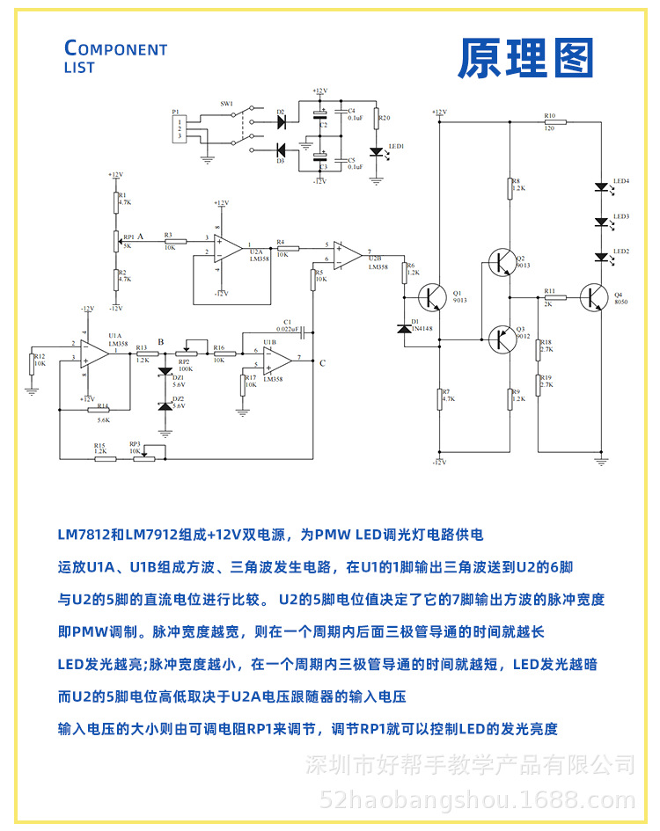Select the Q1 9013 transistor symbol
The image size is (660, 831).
click(x=433, y=298)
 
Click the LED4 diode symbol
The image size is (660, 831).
click(x=602, y=186)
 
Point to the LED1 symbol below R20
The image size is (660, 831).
click(x=377, y=151)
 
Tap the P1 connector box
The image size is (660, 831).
click(x=180, y=129)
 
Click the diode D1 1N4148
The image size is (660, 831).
click(x=406, y=328)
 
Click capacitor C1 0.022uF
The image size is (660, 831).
click(x=301, y=333)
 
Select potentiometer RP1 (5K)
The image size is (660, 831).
click(x=115, y=239)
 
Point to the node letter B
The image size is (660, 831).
click(x=160, y=342)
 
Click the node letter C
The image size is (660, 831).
click(x=322, y=363)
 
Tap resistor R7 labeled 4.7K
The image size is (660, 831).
click(x=439, y=398)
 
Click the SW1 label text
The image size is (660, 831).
click(x=227, y=104)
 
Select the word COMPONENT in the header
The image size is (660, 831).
click(x=116, y=49)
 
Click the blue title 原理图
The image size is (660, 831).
click(x=525, y=59)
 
